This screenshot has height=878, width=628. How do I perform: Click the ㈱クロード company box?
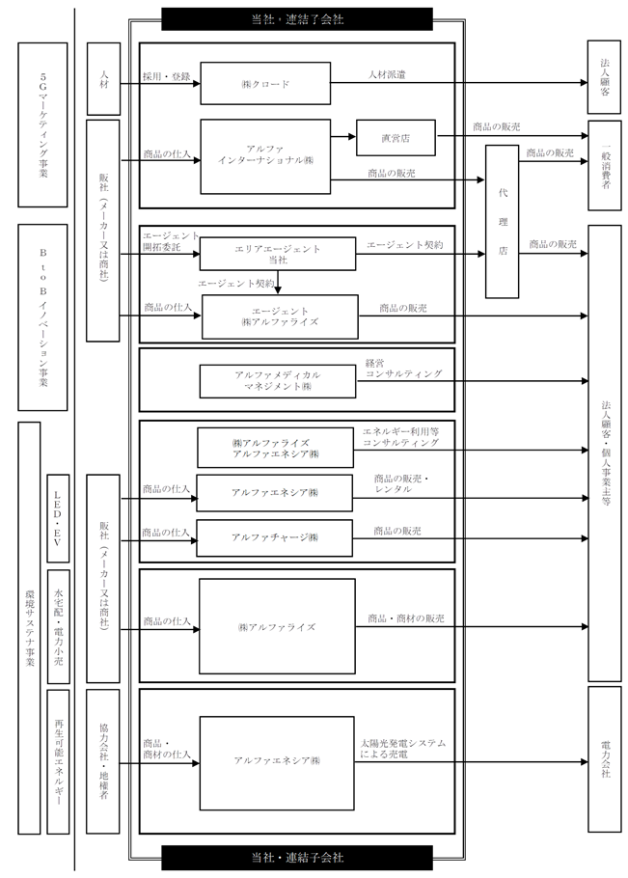pos(265,83)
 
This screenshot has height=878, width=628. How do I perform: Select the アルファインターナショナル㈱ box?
pos(265,156)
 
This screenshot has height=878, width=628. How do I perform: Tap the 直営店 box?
pos(396,138)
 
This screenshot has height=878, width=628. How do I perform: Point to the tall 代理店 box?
pos(502,221)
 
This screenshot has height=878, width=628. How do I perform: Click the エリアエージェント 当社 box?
pos(278,254)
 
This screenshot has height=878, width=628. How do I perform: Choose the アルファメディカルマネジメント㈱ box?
pos(278,381)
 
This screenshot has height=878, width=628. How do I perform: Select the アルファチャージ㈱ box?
pos(274,538)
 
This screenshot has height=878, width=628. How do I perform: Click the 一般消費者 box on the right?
pos(605,165)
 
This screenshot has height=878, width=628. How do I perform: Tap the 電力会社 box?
pos(605,758)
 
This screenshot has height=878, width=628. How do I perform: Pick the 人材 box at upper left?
pos(103,79)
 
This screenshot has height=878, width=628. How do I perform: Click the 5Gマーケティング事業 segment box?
pos(42,124)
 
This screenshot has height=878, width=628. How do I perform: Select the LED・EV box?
pos(58,518)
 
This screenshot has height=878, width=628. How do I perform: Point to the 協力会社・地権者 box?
pos(103,761)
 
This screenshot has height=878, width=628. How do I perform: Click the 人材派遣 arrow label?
pos(387,74)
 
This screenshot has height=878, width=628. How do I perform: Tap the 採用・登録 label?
pos(166,77)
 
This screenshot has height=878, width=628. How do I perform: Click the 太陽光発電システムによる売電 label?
pos(403,749)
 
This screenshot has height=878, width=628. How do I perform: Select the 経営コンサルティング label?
pos(403,369)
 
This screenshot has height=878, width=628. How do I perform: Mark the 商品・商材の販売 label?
pos(406,618)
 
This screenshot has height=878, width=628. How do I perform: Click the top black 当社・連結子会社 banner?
pos(297,19)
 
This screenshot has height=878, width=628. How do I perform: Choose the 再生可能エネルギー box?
pos(58,761)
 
